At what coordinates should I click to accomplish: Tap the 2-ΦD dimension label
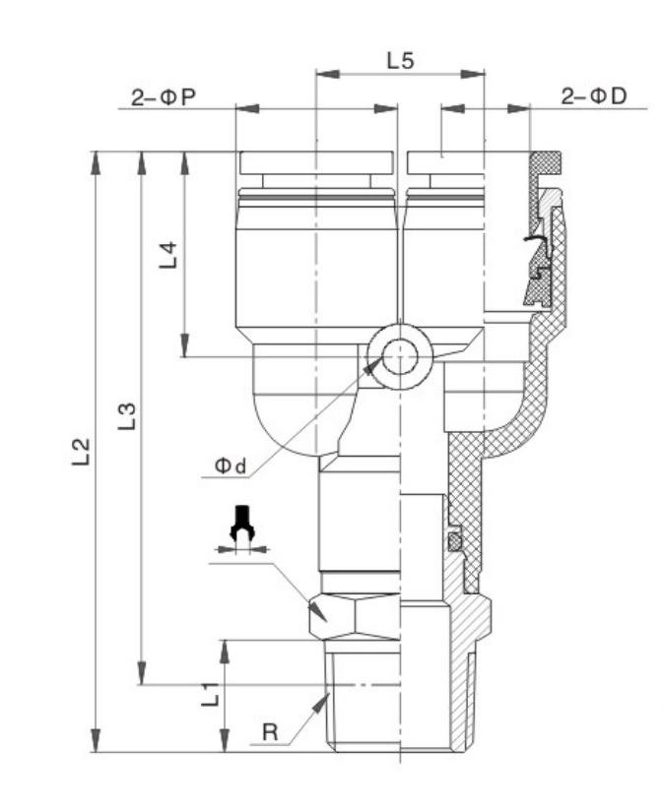click(x=594, y=96)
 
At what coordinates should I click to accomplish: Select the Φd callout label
click(x=232, y=466)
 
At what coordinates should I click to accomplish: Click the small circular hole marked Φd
click(x=398, y=356)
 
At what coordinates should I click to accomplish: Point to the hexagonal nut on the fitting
click(x=355, y=617)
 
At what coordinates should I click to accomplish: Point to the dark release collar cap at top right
click(x=544, y=160)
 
